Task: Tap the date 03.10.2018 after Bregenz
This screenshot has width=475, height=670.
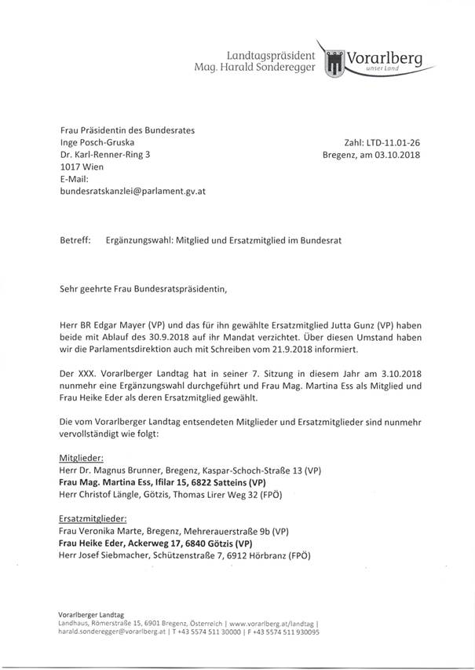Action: (395, 156)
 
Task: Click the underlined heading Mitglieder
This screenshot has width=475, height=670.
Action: (82, 456)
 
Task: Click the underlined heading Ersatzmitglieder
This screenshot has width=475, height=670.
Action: (94, 518)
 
